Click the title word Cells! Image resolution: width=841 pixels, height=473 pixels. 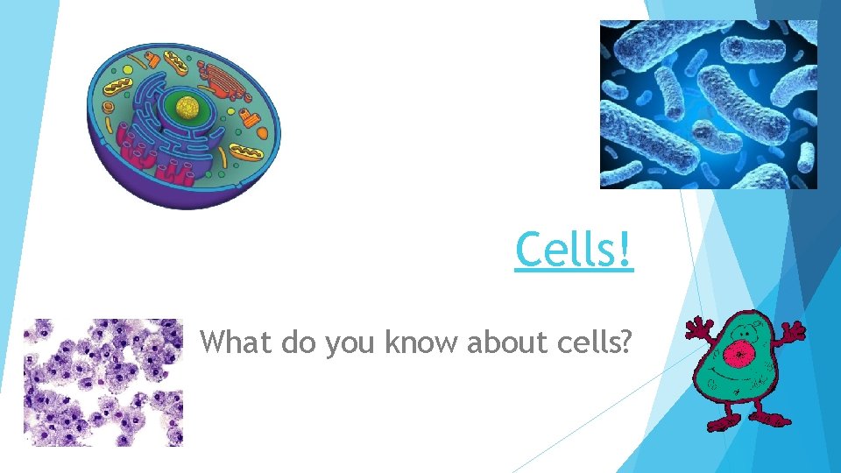coord(574,250)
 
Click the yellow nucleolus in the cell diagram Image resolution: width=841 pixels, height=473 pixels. coord(187,108)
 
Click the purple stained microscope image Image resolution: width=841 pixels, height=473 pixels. coord(102,382)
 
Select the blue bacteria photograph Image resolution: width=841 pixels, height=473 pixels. coord(708,104)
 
